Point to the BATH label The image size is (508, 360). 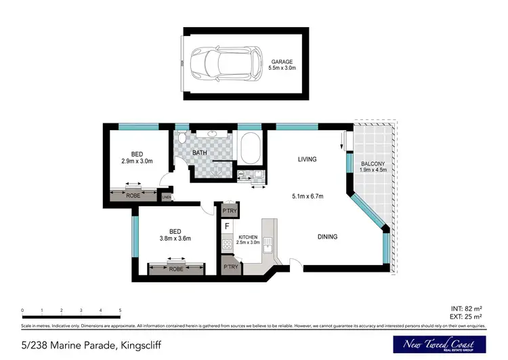click(200, 153)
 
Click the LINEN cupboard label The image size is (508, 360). click(167, 197)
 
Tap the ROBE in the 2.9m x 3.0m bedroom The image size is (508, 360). click(133, 195)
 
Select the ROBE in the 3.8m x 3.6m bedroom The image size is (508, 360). click(175, 269)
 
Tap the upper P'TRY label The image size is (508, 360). click(230, 211)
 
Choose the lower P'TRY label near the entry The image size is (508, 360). click(230, 267)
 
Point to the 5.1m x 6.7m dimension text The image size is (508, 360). click(306, 197)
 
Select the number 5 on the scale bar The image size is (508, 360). click(120, 310)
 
